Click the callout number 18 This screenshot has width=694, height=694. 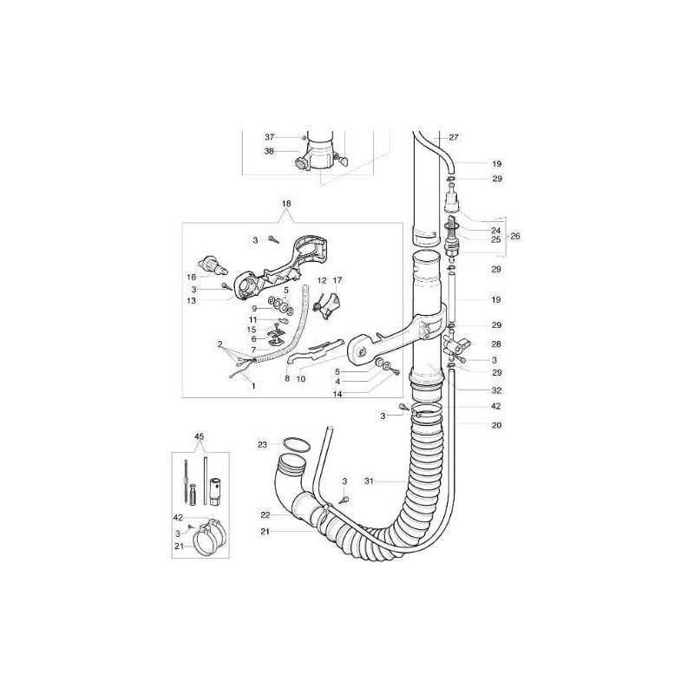[x=286, y=204]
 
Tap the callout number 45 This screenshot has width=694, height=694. [x=200, y=436]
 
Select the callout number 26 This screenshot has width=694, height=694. [x=515, y=236]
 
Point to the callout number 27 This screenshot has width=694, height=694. [x=454, y=137]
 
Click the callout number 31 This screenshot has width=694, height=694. [x=370, y=481]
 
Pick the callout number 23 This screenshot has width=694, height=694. [x=263, y=444]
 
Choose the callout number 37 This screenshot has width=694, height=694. [x=270, y=137]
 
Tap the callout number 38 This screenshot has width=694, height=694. [x=269, y=151]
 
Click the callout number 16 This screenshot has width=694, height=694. [x=191, y=277]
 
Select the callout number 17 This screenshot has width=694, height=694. [x=337, y=280]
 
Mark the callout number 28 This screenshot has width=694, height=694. [x=496, y=344]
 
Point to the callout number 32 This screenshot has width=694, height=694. [x=496, y=390]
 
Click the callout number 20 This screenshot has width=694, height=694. [x=496, y=425]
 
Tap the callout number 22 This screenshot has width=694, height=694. [x=265, y=514]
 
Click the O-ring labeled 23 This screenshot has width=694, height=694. [x=297, y=444]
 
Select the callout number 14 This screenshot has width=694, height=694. [x=337, y=394]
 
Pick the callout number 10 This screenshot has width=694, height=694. [x=301, y=379]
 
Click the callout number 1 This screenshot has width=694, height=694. [x=253, y=386]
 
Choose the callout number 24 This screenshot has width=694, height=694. [x=496, y=230]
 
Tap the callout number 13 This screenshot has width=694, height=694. [x=191, y=300]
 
